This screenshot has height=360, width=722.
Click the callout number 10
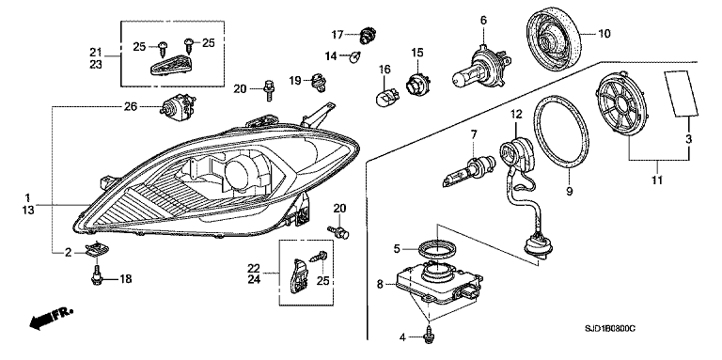click(604, 34)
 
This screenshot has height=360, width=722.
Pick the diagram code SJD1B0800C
click(610, 329)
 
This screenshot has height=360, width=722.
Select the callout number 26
click(131, 107)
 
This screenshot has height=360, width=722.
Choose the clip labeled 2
click(97, 250)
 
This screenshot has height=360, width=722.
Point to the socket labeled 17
click(368, 36)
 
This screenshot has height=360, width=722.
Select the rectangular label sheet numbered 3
click(681, 93)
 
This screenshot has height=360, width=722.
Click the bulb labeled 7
click(467, 171)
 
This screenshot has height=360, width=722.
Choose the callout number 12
click(516, 113)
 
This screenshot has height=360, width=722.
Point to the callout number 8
click(380, 285)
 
